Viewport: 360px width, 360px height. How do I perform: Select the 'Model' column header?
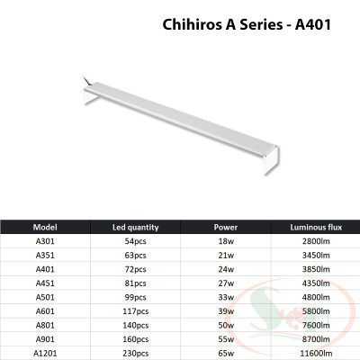45,227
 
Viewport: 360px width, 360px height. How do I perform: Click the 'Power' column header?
226,227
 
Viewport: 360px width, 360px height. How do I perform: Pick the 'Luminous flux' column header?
313,227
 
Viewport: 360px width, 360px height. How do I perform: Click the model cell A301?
45,242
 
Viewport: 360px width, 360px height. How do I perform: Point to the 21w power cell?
226,255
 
